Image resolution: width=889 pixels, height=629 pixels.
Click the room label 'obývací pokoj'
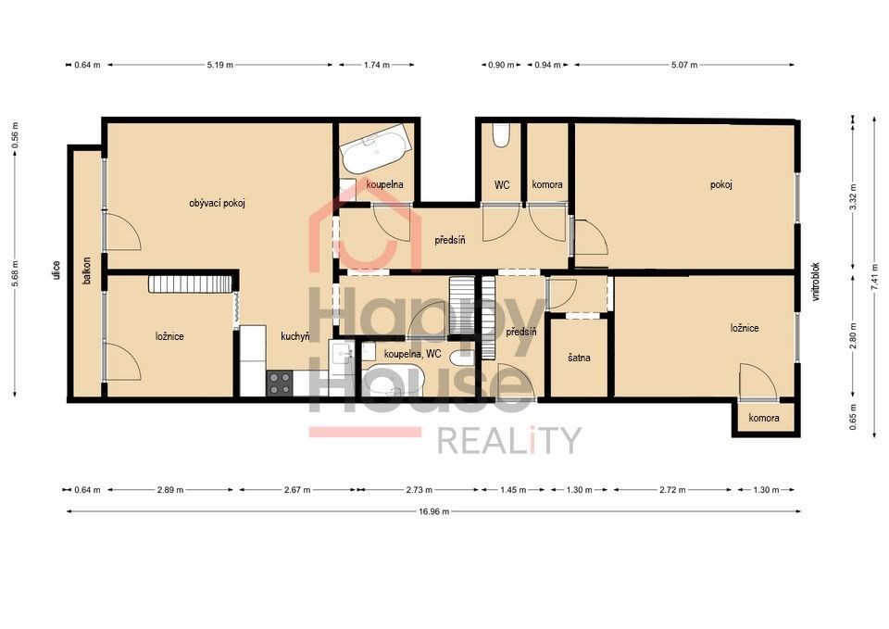tap(217, 203)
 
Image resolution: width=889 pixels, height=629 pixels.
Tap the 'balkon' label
tap(87, 270)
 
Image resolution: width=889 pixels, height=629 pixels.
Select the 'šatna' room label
tap(579, 358)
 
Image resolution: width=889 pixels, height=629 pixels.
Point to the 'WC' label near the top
tap(502, 184)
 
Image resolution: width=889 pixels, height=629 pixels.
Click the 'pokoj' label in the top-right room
tap(721, 184)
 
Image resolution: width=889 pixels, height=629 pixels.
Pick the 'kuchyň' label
tap(295, 336)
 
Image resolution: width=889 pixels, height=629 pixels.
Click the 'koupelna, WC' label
tap(412, 354)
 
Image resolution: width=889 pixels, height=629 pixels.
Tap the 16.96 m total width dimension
tap(433, 511)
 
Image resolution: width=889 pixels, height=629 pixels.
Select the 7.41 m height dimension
tap(875, 276)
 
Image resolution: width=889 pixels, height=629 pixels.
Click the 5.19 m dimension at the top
tap(220, 65)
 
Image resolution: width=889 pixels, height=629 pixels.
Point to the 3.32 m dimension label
tap(853, 196)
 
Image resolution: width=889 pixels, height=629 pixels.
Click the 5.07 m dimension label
tap(684, 65)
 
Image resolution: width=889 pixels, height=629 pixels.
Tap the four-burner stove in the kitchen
tap(280, 383)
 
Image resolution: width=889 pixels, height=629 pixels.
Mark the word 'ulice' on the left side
tap(56, 270)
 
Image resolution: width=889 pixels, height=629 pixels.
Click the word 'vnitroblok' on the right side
tap(816, 282)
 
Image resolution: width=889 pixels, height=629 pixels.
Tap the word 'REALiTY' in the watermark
tap(509, 441)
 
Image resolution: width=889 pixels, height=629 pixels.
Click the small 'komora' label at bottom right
tap(764, 418)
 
